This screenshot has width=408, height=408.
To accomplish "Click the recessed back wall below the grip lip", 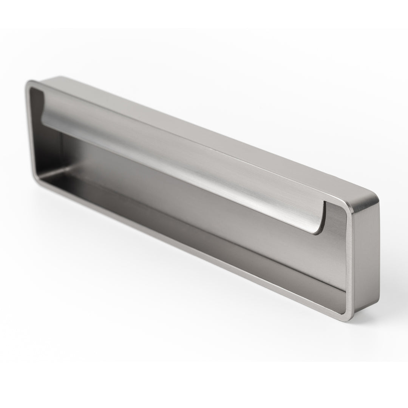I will (x=227, y=212).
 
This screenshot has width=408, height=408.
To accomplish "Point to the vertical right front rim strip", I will (x=349, y=264).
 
